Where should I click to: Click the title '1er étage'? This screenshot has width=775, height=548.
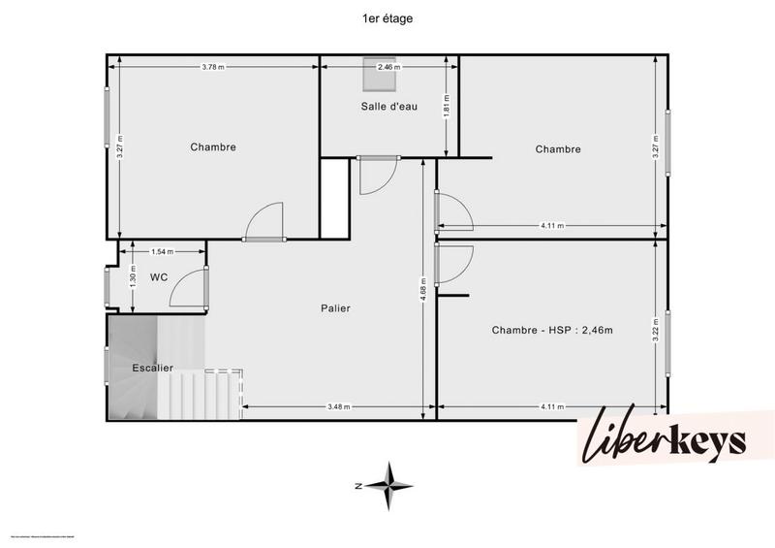pyautogui.click(x=387, y=17)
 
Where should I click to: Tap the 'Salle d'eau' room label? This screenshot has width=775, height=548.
pyautogui.click(x=389, y=107)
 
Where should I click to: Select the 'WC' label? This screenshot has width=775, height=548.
pyautogui.click(x=159, y=277)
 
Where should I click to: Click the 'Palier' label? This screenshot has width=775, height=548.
pyautogui.click(x=335, y=308)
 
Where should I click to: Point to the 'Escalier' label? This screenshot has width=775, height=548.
pyautogui.click(x=153, y=369)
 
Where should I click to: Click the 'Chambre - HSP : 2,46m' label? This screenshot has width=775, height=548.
pyautogui.click(x=552, y=330)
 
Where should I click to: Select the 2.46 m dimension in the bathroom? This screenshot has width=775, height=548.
pyautogui.click(x=389, y=67)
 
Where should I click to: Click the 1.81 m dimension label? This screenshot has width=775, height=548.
pyautogui.click(x=446, y=105)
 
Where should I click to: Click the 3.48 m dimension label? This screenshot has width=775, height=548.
pyautogui.click(x=338, y=406)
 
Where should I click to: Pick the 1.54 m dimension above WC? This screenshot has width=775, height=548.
pyautogui.click(x=163, y=252)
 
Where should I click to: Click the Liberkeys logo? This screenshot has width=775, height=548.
pyautogui.click(x=663, y=442)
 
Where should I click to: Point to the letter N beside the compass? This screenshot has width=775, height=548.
pyautogui.click(x=357, y=485)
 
